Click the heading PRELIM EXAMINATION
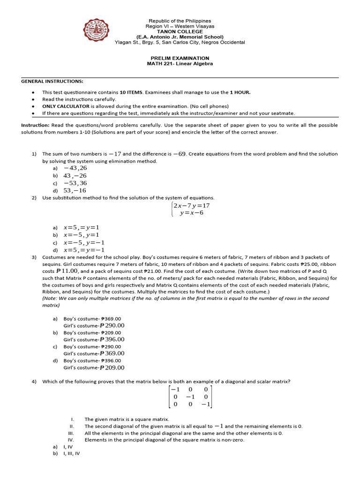click(x=180, y=58)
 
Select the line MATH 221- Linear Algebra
click(x=180, y=64)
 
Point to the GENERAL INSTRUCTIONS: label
click(x=52, y=81)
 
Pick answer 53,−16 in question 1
click(x=75, y=190)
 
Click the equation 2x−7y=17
click(x=191, y=205)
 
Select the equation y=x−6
click(x=191, y=213)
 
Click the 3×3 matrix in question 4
click(x=191, y=397)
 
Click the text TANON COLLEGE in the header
click(x=180, y=31)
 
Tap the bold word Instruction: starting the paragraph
click(x=35, y=126)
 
